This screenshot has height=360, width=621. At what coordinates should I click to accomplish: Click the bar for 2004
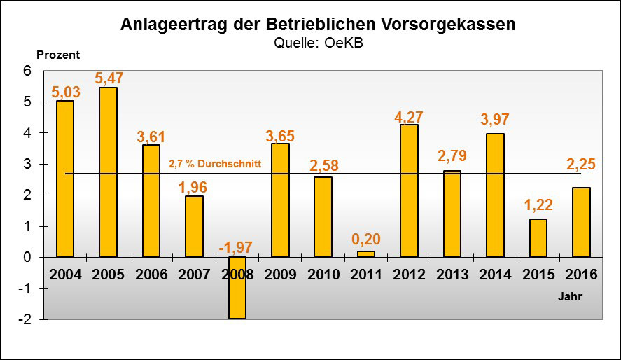click(x=65, y=179)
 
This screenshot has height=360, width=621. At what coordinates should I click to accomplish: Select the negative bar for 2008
click(x=237, y=288)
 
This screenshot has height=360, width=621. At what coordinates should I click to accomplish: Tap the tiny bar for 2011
click(x=366, y=254)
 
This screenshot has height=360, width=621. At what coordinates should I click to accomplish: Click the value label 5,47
click(x=109, y=78)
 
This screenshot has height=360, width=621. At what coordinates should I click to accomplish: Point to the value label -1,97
click(x=235, y=247)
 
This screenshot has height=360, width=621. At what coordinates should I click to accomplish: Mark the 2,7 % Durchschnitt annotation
click(x=215, y=165)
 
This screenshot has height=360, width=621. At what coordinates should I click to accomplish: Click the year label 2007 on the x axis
click(x=194, y=274)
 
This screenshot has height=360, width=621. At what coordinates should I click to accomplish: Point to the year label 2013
click(x=452, y=274)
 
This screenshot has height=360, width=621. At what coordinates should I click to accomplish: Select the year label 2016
click(x=580, y=274)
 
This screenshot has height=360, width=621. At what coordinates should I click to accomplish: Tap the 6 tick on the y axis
click(x=29, y=71)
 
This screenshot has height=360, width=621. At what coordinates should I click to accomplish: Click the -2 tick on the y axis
click(x=26, y=319)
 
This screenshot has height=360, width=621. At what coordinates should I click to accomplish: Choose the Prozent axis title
click(x=57, y=55)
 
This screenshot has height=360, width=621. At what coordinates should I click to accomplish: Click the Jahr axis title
click(x=570, y=296)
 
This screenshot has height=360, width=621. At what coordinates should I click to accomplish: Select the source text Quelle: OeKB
click(x=319, y=43)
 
